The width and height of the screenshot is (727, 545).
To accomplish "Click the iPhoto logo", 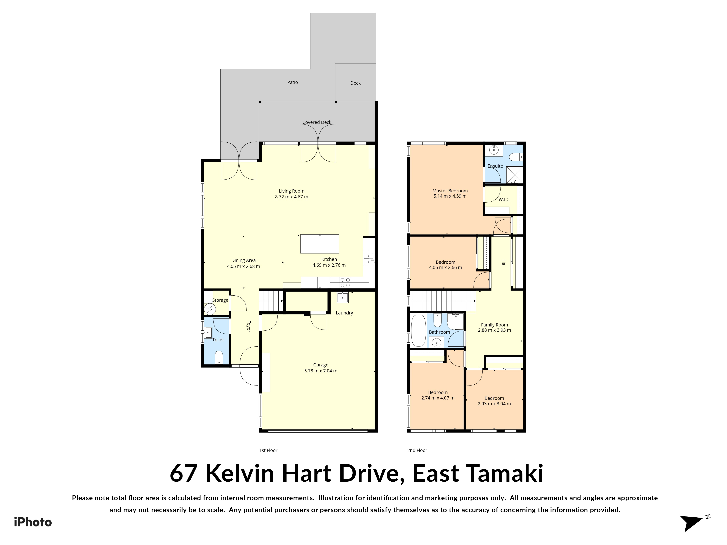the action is point(33,522).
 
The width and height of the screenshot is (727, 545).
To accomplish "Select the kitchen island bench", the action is point(320,244).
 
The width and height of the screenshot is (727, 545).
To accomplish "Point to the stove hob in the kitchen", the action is point(345,280).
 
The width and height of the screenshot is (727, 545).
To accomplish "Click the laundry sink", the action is point(342,298).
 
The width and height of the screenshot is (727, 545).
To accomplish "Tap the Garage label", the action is point(321,365).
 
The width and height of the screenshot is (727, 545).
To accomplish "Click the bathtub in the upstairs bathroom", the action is point(418,331).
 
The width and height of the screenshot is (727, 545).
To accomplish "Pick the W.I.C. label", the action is point(505,199).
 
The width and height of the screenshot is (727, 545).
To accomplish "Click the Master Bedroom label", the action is point(450,191).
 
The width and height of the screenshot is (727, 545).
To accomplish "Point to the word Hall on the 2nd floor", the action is point(503,263).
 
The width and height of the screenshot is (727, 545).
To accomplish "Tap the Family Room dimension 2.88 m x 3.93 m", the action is point(494,330).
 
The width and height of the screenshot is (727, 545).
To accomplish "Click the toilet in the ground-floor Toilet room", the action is point(219,357).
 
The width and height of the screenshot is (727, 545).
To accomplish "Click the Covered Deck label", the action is point(317,122).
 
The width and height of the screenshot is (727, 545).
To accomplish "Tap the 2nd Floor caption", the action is point(417,450).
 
